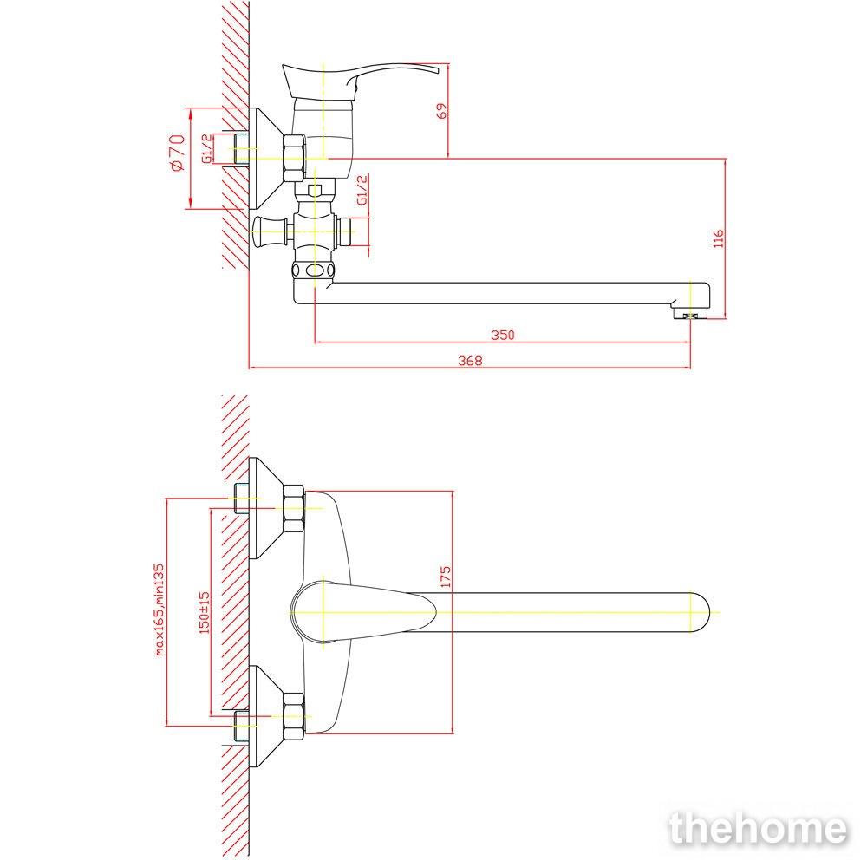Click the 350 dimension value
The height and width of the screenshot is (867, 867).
point(503,335)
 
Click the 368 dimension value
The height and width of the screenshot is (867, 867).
point(470,361)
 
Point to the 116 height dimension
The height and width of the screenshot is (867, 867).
point(718,239)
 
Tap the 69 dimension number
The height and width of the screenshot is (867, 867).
point(442,111)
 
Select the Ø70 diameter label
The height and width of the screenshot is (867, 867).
point(177,153)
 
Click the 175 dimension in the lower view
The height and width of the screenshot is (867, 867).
point(446,577)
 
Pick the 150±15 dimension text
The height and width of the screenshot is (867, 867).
point(205,612)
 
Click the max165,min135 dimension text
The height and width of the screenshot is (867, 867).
point(160,610)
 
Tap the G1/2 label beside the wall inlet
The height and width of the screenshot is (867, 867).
point(206,149)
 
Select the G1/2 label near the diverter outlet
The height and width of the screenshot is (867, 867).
point(362,190)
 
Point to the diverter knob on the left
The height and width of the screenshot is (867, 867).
point(269,231)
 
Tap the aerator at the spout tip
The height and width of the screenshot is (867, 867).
point(689,316)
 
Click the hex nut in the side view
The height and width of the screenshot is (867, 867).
point(294,158)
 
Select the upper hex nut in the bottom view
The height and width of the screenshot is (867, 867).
point(294,509)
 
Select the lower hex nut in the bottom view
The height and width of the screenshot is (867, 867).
point(294,717)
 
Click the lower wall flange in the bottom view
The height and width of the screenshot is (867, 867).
point(265,716)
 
